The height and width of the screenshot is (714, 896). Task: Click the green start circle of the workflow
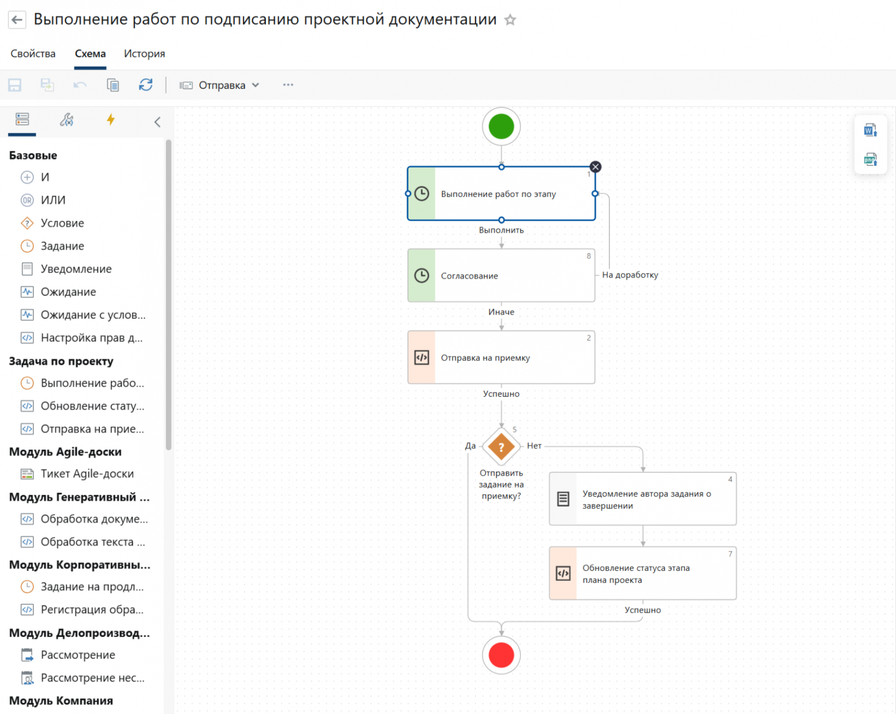pos(501,126)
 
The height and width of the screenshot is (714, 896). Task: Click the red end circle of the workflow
pos(501,655)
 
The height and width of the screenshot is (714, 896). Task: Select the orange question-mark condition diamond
pos(501,446)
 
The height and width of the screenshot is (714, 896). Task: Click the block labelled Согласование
pos(501,275)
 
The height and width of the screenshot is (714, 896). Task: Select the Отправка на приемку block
pos(501,357)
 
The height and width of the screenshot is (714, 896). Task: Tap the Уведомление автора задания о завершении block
pos(643,499)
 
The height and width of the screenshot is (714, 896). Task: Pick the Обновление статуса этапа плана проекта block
pos(643,573)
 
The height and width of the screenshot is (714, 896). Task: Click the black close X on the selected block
pos(596,167)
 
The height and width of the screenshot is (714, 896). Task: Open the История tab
pos(145,54)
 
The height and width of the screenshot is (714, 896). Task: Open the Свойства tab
pos(33,54)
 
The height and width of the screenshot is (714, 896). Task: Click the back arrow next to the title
pos(17,20)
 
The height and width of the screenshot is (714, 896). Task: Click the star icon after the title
pos(510,20)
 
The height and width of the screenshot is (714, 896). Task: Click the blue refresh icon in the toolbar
pos(146,85)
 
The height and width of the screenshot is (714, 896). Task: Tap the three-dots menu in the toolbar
pos(288,85)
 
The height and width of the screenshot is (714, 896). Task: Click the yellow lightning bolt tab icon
pos(110,120)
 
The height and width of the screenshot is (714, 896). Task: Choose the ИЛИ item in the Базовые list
pos(53,200)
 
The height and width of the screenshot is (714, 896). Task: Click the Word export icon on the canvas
pos(870,130)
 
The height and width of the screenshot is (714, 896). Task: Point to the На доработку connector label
pos(630,275)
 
